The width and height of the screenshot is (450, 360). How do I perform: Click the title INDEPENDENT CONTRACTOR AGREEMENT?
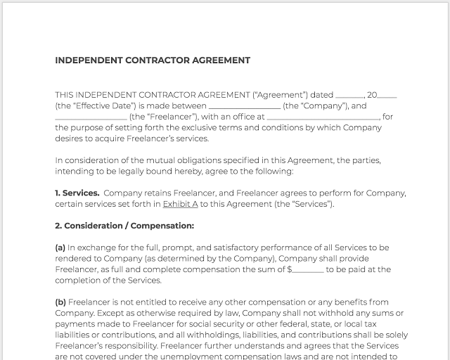tap(153, 60)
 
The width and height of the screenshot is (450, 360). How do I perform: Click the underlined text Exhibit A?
tap(180, 204)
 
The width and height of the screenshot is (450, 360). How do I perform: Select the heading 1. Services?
tap(77, 193)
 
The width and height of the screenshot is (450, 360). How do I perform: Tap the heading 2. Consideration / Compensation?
tap(124, 226)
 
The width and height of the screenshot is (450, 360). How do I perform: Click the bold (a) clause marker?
tap(60, 247)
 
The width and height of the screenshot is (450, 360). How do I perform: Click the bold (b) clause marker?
tap(60, 302)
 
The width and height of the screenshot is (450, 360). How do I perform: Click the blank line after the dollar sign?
tap(308, 269)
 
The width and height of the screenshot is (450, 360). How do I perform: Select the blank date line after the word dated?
tap(349, 96)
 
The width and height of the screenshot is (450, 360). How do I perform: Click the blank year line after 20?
tap(387, 96)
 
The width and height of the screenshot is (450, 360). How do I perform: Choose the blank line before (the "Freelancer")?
tap(91, 117)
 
